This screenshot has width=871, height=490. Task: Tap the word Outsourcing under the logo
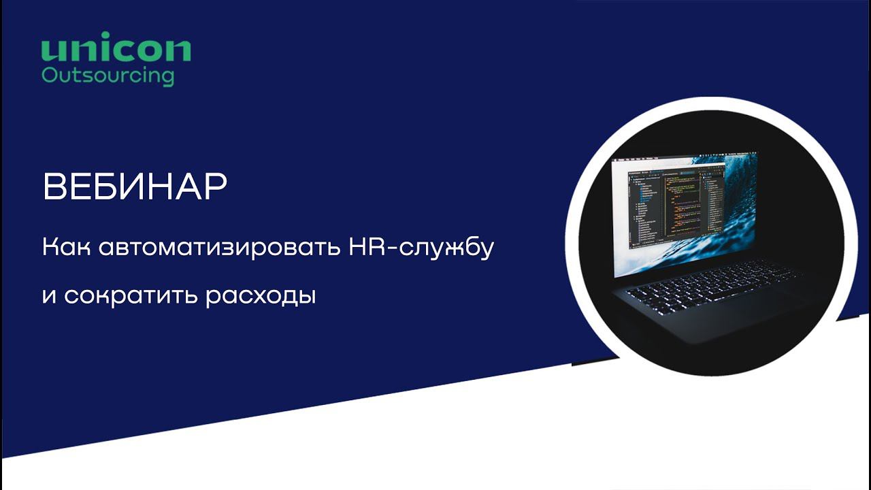click(x=108, y=75)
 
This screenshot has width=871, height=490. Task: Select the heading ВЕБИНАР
click(x=135, y=187)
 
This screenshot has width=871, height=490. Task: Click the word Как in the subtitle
click(x=66, y=247)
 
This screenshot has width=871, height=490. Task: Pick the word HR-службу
click(x=420, y=248)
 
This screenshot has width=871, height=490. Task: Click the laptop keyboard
click(x=708, y=284)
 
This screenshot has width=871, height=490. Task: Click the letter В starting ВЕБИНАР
click(x=54, y=187)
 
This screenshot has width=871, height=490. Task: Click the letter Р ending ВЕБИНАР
click(x=214, y=187)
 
